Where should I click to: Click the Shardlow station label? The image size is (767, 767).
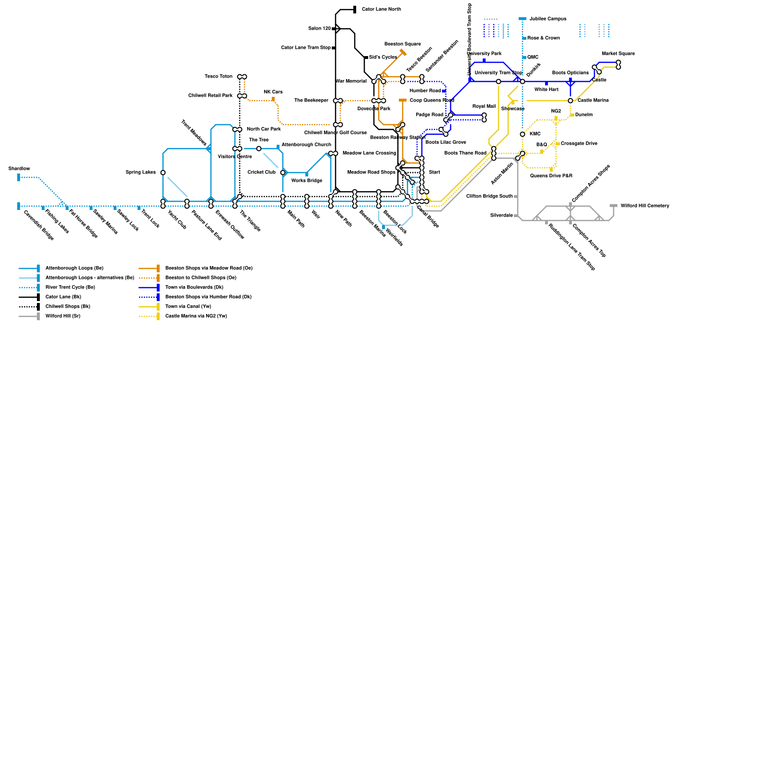click(19, 169)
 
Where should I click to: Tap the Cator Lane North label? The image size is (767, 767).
click(381, 10)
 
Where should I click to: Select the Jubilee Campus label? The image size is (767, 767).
click(548, 19)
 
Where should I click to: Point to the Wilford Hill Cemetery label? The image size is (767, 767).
click(644, 206)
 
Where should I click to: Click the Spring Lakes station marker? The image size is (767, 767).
click(163, 173)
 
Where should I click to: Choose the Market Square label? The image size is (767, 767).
click(618, 54)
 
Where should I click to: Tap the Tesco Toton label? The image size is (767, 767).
click(219, 77)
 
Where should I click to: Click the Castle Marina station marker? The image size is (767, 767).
click(570, 101)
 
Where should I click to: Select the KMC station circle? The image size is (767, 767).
click(523, 134)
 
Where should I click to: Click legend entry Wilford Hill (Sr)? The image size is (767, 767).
click(63, 316)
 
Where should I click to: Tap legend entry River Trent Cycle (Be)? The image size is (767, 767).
click(70, 288)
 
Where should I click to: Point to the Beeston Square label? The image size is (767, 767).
click(402, 44)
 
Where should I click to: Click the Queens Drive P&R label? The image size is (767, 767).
click(551, 176)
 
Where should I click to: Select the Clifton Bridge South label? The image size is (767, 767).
click(489, 197)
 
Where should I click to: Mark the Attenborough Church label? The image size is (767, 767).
click(306, 145)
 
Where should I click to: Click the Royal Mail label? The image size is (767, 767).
click(484, 106)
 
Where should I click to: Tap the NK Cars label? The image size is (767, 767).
click(273, 92)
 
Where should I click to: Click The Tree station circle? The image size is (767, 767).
click(259, 149)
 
